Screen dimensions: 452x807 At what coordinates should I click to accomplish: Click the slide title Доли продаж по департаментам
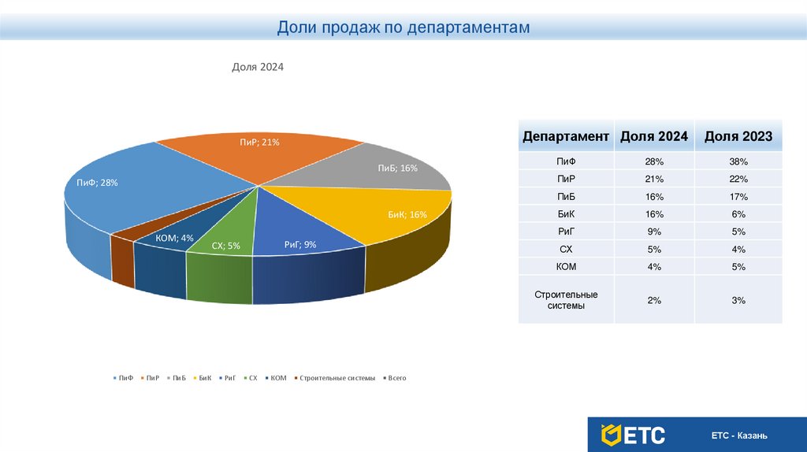pos(403,28)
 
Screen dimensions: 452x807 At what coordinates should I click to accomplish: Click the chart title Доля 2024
pos(257,68)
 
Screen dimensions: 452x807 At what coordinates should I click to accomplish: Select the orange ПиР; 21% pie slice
pos(260,157)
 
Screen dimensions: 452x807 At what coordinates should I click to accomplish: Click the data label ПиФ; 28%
pos(97,183)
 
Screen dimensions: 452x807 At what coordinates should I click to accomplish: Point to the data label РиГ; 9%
pos(300,245)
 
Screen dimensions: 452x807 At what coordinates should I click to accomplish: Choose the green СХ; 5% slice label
pos(225,246)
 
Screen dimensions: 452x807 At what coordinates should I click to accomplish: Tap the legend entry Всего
pos(396,379)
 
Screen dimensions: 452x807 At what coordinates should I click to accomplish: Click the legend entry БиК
pos(204,379)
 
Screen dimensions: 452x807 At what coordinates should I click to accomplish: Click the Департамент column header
pos(566,136)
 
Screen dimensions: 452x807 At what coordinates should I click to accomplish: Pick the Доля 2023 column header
pos(738,136)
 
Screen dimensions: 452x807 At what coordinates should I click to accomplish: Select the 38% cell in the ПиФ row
pos(738,161)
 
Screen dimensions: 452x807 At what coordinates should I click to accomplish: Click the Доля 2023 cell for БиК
pos(738,214)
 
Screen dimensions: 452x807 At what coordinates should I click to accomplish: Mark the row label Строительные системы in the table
pos(566,300)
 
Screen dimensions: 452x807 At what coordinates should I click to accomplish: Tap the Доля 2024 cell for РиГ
pos(653,232)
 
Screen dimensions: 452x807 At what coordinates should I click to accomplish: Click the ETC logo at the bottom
pos(633,435)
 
